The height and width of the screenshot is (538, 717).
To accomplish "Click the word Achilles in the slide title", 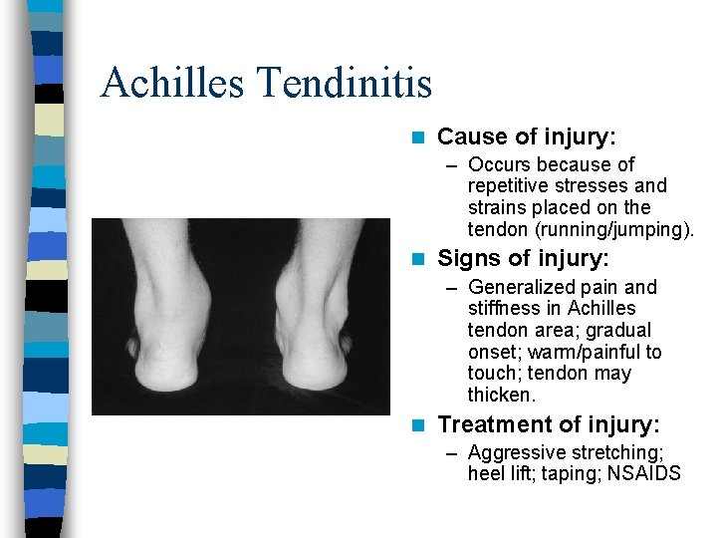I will tap(170, 83).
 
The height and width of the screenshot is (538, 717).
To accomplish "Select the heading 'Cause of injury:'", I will tap(527, 136).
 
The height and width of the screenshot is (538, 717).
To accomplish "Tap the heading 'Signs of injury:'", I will tap(524, 259).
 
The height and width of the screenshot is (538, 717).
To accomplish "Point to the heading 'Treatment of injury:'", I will tap(549, 425).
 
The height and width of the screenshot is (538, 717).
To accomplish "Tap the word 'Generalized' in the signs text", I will tap(518, 288).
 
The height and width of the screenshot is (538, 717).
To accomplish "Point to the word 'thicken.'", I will tap(501, 396).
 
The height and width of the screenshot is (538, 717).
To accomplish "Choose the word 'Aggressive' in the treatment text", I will tap(514, 452).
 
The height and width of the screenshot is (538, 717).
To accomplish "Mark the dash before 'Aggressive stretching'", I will tap(452, 453).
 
